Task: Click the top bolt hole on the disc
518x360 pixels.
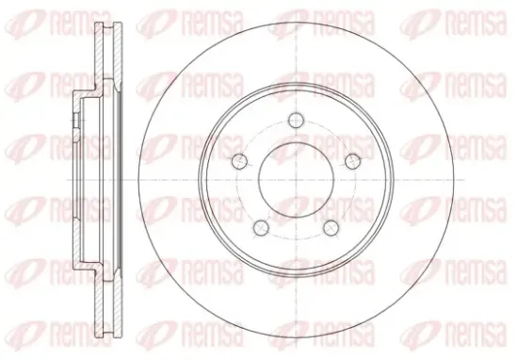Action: click(296, 120)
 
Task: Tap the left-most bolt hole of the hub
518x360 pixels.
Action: click(239, 161)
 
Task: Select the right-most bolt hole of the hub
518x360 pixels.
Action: click(352, 161)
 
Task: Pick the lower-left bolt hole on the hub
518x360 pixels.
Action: click(261, 227)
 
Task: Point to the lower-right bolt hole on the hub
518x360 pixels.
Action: click(331, 227)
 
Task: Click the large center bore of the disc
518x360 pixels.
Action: click(296, 180)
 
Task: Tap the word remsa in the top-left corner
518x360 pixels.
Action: click(80, 23)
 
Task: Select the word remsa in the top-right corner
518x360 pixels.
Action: click(476, 23)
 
